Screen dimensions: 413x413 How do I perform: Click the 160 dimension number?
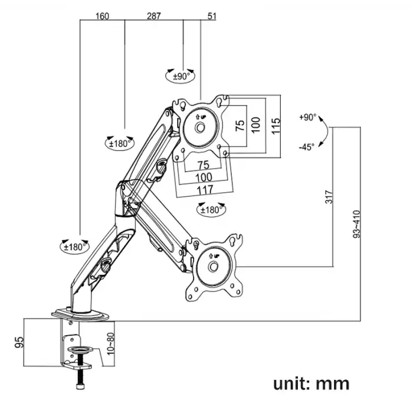[x=102, y=16]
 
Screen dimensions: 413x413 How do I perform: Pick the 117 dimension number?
[x=204, y=189]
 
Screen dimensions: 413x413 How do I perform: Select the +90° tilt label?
[x=307, y=117]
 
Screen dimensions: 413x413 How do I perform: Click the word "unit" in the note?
[x=293, y=383]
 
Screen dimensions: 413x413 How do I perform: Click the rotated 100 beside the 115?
[x=255, y=124]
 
